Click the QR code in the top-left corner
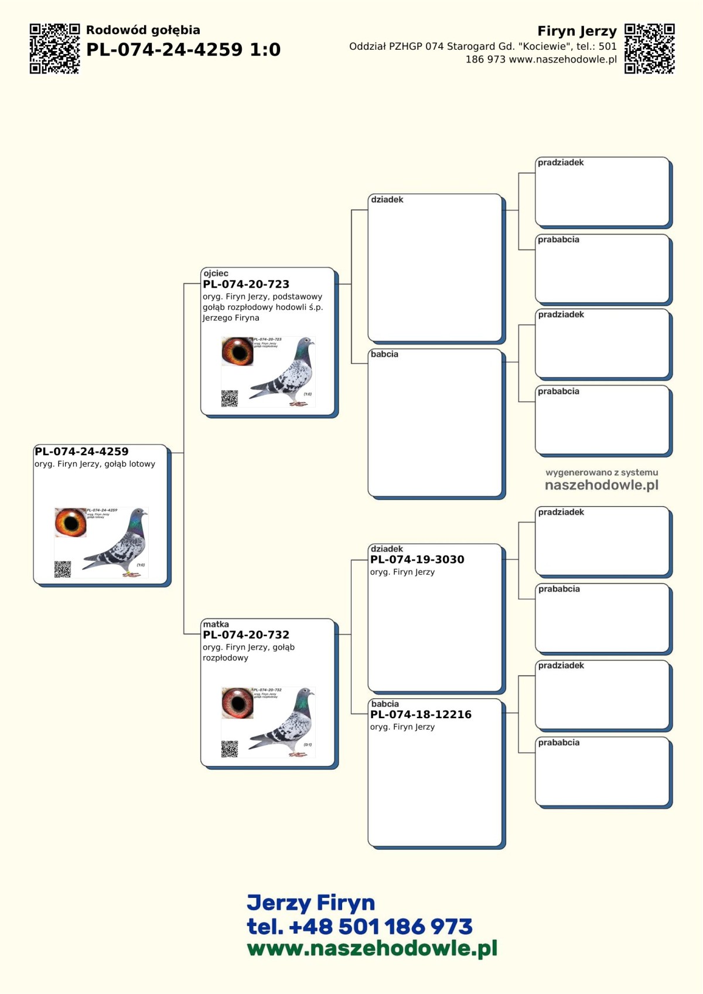click(x=54, y=49)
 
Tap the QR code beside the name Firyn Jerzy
click(x=649, y=49)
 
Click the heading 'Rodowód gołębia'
click(x=143, y=30)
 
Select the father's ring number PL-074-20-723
click(x=246, y=284)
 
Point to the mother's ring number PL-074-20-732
click(x=246, y=634)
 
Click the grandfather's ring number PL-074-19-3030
click(x=417, y=559)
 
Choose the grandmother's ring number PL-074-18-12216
click(x=421, y=714)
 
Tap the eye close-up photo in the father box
click(x=237, y=351)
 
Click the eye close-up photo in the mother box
click(x=237, y=702)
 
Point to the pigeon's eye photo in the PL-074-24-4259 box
click(x=70, y=522)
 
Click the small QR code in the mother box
click(x=230, y=749)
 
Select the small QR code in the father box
click(x=230, y=398)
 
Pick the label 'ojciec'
click(x=216, y=273)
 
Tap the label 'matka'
click(x=216, y=624)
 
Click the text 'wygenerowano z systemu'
click(x=602, y=472)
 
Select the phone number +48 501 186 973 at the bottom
click(x=359, y=926)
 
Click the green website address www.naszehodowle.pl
click(x=372, y=948)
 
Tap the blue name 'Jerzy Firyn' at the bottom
click(x=310, y=903)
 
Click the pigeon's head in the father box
click(x=306, y=344)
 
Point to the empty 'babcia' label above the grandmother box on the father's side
click(x=384, y=354)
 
